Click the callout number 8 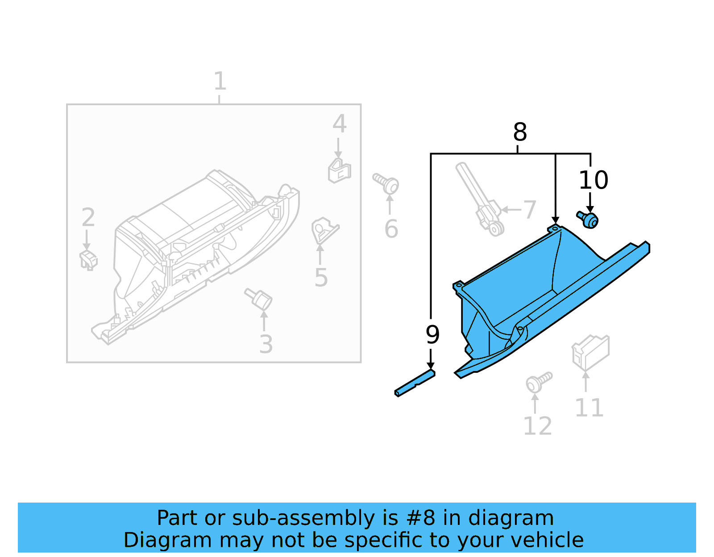(520, 132)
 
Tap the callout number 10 (593, 180)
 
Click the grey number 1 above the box (220, 82)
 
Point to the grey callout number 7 (529, 210)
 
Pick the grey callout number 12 (537, 426)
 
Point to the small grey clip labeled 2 (88, 260)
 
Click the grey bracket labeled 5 (323, 230)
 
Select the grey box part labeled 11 (590, 352)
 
